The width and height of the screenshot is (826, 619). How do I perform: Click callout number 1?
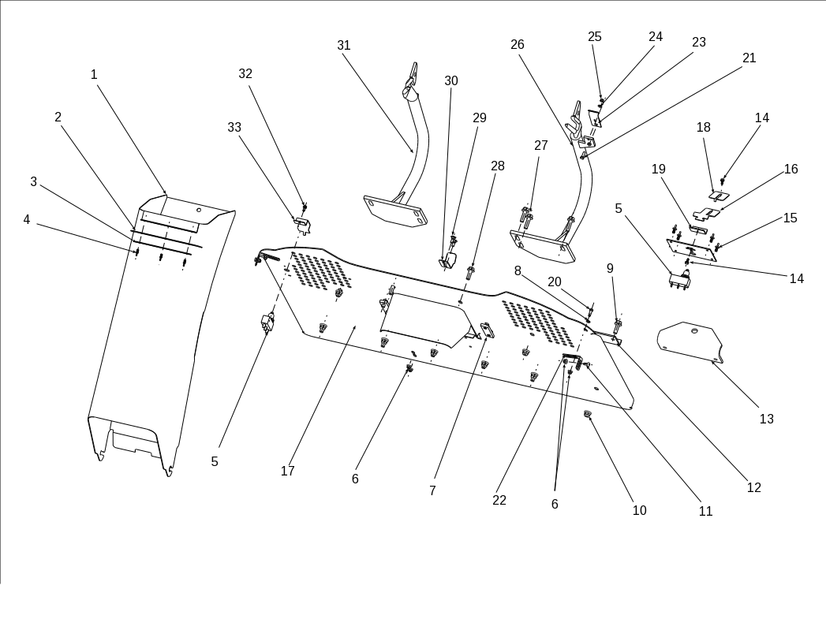pos(94,75)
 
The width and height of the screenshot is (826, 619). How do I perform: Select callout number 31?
pos(344,46)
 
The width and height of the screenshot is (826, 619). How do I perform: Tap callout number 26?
pos(518,45)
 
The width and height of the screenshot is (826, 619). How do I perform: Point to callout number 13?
pos(767,420)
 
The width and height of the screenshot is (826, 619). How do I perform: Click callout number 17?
pos(288,472)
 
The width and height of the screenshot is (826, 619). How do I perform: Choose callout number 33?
pos(234,128)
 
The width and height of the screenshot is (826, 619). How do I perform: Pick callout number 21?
pos(749,58)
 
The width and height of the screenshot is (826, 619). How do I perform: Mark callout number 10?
pos(640,511)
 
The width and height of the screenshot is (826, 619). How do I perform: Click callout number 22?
pos(499,501)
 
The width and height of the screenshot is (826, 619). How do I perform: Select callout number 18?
pos(704,128)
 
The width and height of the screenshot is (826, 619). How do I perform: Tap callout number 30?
pos(451,81)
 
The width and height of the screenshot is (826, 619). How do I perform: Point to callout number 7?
pos(432,491)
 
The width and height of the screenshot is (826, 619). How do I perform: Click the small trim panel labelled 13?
pos(690,341)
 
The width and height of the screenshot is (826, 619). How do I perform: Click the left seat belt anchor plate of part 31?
pos(394,211)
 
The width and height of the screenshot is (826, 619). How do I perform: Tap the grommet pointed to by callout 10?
pos(588,414)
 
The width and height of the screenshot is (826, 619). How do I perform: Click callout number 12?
pos(754,488)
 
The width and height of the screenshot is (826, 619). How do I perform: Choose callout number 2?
pos(58,117)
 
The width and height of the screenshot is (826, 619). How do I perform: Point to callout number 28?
pos(498,166)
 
